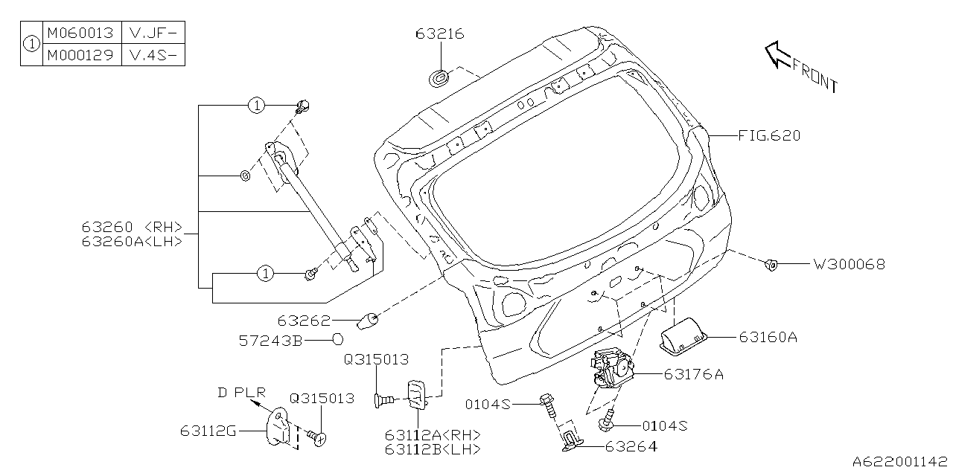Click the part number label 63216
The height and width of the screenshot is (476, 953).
click(440, 33)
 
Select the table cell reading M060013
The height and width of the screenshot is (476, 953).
click(80, 33)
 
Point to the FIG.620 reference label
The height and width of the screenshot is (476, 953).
click(769, 135)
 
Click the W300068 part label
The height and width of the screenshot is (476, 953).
click(849, 264)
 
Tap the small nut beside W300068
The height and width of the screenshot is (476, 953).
click(772, 263)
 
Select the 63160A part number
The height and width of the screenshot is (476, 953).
click(768, 337)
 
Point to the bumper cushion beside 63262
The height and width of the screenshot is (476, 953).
click(369, 321)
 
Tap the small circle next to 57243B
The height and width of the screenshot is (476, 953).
click(337, 340)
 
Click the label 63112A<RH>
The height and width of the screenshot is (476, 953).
click(433, 435)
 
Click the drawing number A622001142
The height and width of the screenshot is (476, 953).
click(901, 463)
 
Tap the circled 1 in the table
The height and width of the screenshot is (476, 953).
click(31, 44)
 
